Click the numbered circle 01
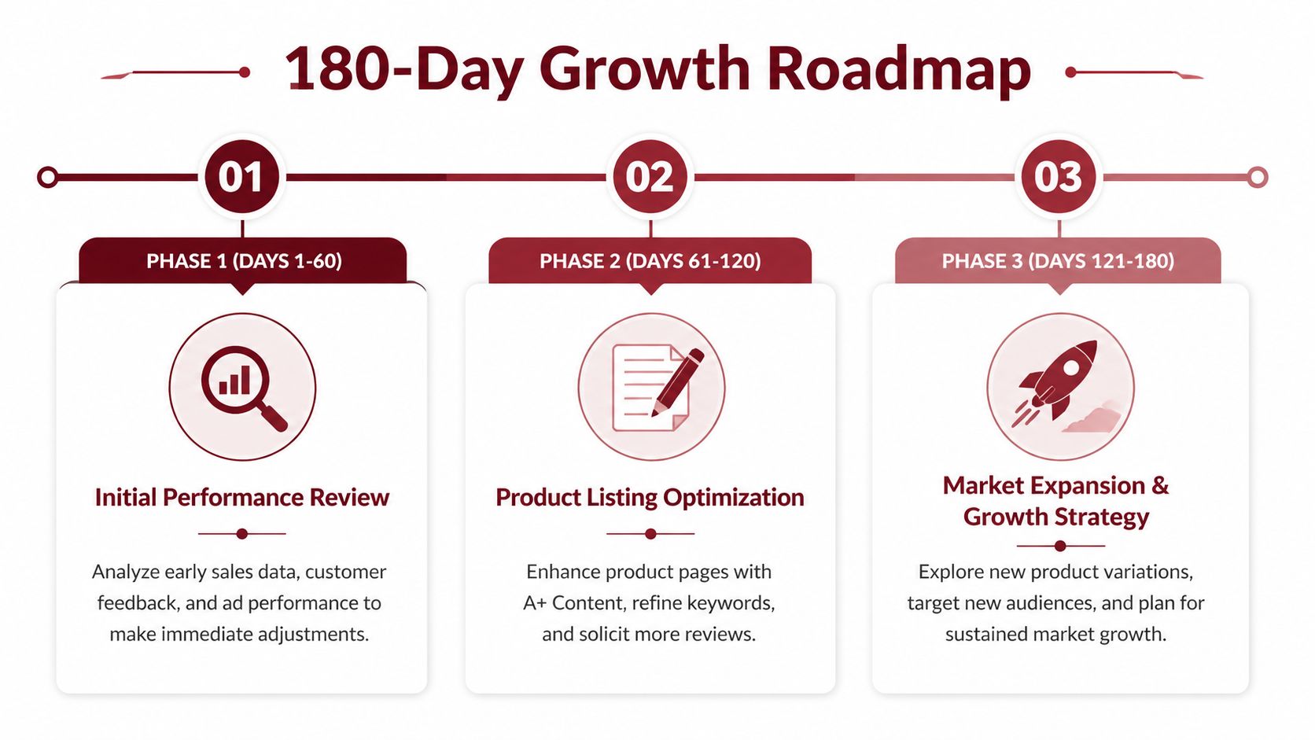[241, 177]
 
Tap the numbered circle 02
[650, 177]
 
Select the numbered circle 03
[1059, 177]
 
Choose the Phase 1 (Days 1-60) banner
[244, 261]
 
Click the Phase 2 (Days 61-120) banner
[650, 261]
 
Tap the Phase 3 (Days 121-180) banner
[1058, 261]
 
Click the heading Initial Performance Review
[241, 498]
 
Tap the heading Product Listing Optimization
[650, 498]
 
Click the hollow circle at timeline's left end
[47, 177]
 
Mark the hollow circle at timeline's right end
[1258, 177]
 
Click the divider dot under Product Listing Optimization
[650, 534]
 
